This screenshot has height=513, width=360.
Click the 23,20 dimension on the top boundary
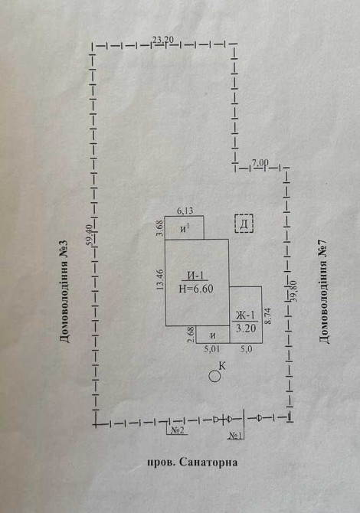(x=163, y=40)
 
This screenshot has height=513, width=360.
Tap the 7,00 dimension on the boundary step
(x=260, y=162)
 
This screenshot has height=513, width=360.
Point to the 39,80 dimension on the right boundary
(x=293, y=290)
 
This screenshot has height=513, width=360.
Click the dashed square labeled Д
(x=244, y=224)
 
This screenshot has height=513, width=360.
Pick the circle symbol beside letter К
(x=214, y=377)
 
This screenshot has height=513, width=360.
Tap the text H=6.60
(x=196, y=289)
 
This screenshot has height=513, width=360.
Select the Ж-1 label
(x=245, y=315)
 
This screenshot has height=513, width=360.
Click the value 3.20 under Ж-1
(x=246, y=328)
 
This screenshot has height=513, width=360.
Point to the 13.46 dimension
(x=160, y=279)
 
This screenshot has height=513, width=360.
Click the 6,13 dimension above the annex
(x=185, y=211)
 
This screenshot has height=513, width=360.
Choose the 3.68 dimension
(x=160, y=228)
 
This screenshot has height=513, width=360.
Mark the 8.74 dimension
(x=268, y=315)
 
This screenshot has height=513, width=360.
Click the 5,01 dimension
(x=212, y=349)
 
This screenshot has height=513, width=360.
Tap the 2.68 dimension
(x=191, y=335)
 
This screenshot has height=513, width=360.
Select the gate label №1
(x=235, y=436)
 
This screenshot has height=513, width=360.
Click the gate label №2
(x=177, y=431)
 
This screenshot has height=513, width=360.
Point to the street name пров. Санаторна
(x=192, y=462)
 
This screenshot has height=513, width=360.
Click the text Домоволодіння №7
(x=324, y=292)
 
